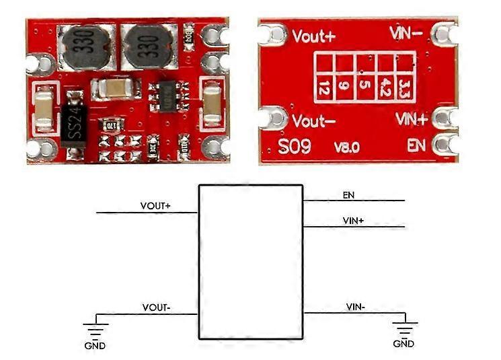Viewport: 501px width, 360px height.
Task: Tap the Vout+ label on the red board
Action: click(313, 36)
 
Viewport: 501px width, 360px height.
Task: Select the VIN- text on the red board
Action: click(407, 33)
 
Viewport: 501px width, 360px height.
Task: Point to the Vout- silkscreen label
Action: click(313, 122)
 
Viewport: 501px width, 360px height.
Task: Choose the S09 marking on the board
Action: click(295, 147)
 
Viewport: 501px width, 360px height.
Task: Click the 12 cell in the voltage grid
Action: click(324, 88)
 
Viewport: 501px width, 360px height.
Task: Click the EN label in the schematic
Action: click(348, 196)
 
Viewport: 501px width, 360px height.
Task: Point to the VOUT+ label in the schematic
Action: click(155, 206)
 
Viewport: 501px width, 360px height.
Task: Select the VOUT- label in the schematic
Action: click(156, 308)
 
